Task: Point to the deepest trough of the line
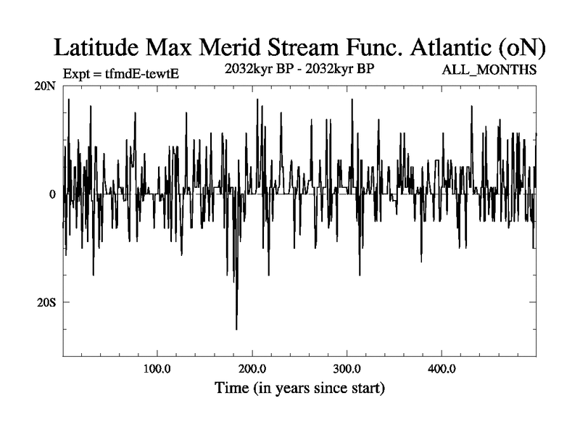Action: pos(236,328)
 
